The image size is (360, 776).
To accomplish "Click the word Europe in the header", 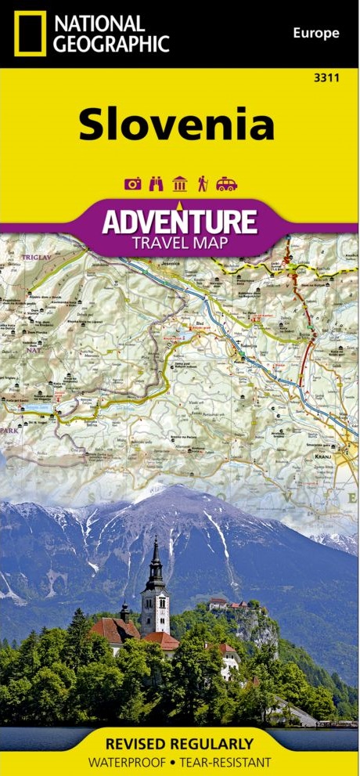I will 315,33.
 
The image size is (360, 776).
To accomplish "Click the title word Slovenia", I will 176,125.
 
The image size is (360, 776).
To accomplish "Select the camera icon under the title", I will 132,184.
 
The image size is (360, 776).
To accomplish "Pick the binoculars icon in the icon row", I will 155,184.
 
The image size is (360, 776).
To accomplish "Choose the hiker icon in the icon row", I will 202,184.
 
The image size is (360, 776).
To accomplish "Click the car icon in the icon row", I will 226,184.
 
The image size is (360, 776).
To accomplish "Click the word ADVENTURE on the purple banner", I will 179,222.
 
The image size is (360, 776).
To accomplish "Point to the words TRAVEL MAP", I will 180,243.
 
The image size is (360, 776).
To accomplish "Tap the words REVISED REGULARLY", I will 180,743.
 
